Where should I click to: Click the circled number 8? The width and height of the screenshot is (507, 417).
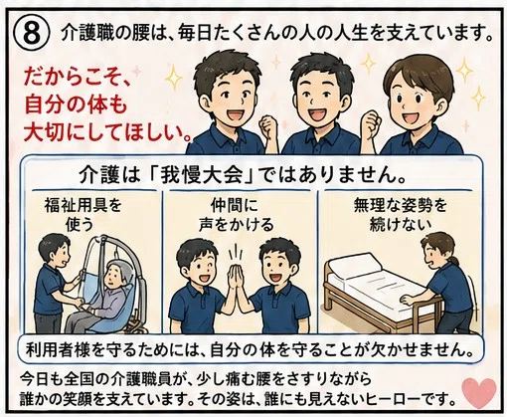coord(32,34)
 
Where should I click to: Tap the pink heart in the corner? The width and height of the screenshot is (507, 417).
coord(479,392)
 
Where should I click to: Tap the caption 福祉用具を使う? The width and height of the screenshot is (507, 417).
coord(83,215)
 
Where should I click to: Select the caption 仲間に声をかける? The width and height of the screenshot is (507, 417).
coord(236,215)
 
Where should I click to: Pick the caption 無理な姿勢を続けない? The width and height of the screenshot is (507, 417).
coord(400,215)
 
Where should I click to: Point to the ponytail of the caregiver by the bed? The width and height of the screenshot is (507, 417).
coord(454,260)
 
